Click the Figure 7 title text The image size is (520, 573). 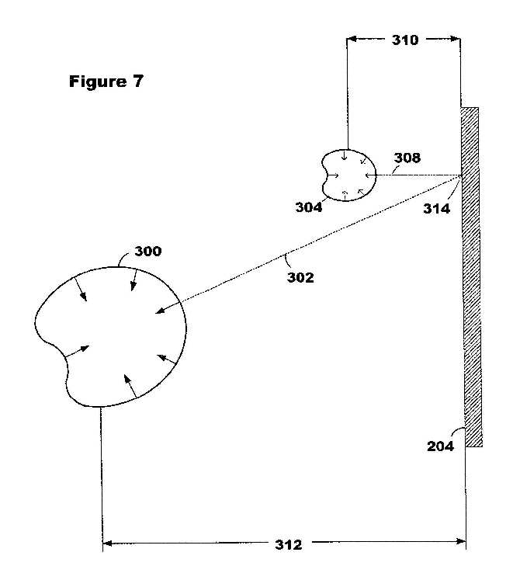[106, 81]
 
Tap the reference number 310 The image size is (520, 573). [405, 40]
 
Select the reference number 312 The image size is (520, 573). [289, 545]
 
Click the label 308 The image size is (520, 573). [407, 158]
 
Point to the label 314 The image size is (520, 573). [436, 209]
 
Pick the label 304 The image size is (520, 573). [309, 207]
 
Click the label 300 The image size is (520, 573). [148, 252]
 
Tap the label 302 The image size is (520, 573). [300, 278]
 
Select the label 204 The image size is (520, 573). [440, 446]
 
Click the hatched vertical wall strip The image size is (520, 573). [472, 276]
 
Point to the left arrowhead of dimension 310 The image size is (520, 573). [352, 39]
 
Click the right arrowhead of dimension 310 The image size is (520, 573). [455, 38]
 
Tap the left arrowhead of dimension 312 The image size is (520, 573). [108, 543]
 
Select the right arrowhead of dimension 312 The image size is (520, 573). [460, 541]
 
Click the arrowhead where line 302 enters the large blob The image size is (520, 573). [161, 311]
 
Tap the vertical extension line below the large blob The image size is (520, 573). [102, 480]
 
